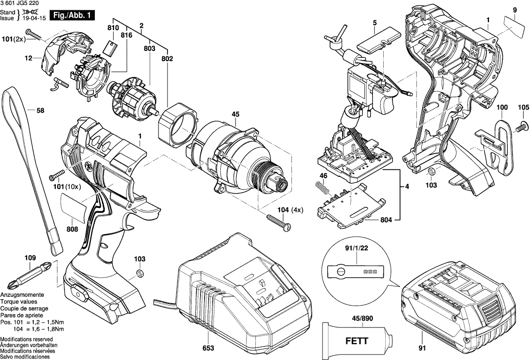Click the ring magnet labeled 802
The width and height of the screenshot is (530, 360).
(x=176, y=123)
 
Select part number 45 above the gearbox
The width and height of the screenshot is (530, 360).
(x=235, y=115)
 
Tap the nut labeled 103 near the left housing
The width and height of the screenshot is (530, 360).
(x=140, y=274)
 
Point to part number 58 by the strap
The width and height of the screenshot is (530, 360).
(x=41, y=111)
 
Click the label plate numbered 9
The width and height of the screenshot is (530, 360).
(x=515, y=25)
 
